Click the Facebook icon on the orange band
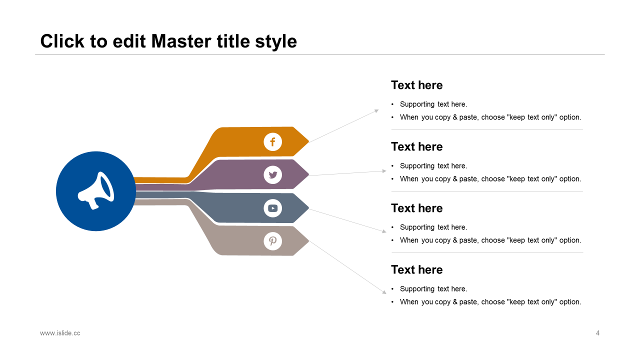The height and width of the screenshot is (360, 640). (272, 142)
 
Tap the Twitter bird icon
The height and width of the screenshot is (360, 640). (272, 175)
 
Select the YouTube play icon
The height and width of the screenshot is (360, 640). (272, 208)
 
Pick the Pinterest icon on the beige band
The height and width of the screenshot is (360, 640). (272, 241)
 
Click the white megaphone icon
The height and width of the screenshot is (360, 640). (96, 190)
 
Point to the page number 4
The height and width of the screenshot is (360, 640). (597, 333)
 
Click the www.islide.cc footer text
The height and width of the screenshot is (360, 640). (60, 333)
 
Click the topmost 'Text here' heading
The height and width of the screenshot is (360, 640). (416, 85)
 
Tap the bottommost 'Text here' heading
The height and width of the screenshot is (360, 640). (416, 270)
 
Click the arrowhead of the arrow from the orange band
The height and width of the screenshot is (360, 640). (377, 110)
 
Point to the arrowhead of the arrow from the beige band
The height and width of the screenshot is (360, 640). (384, 292)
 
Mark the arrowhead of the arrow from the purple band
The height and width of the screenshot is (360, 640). (384, 171)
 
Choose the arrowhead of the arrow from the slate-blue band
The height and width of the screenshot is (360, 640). (384, 231)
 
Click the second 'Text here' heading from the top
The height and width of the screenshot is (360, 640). (416, 147)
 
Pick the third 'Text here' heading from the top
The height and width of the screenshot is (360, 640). (416, 208)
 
